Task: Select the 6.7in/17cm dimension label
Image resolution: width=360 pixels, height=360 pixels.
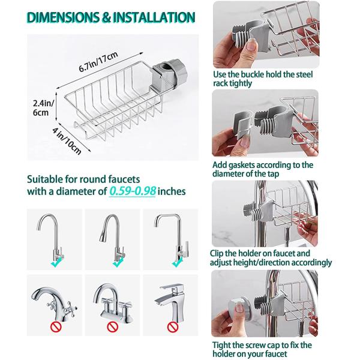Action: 98,62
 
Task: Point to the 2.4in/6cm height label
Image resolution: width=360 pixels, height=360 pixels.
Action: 43,107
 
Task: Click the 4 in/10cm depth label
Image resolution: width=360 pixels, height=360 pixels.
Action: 67,141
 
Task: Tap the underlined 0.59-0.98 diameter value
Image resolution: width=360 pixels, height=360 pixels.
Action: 133,191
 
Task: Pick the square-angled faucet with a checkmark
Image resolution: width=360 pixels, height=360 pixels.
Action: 172,238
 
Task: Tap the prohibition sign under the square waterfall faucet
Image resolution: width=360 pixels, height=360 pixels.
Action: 173,327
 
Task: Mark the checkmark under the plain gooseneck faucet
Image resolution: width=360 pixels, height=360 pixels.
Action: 56,262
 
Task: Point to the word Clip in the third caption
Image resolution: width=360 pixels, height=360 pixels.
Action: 217,253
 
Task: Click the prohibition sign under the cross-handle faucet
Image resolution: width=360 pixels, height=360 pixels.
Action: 56,327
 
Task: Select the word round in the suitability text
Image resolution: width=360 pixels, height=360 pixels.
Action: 93,179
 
